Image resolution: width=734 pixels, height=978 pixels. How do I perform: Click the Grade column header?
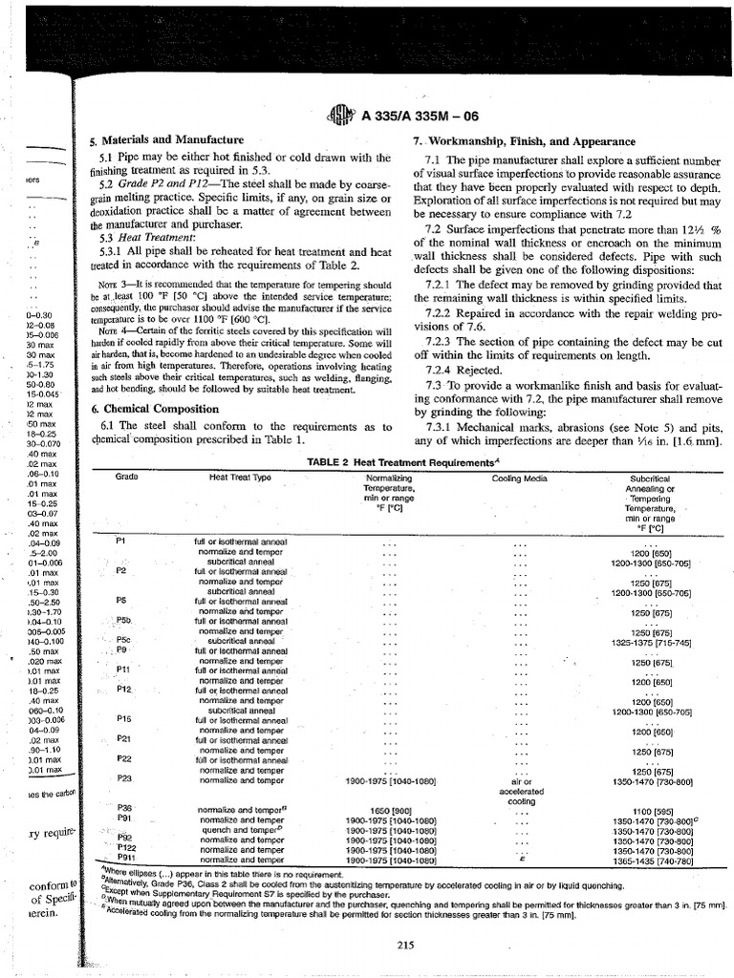[x=127, y=476]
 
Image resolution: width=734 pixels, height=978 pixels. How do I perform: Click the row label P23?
[x=123, y=778]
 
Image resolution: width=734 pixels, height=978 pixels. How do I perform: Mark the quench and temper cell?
[x=240, y=829]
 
